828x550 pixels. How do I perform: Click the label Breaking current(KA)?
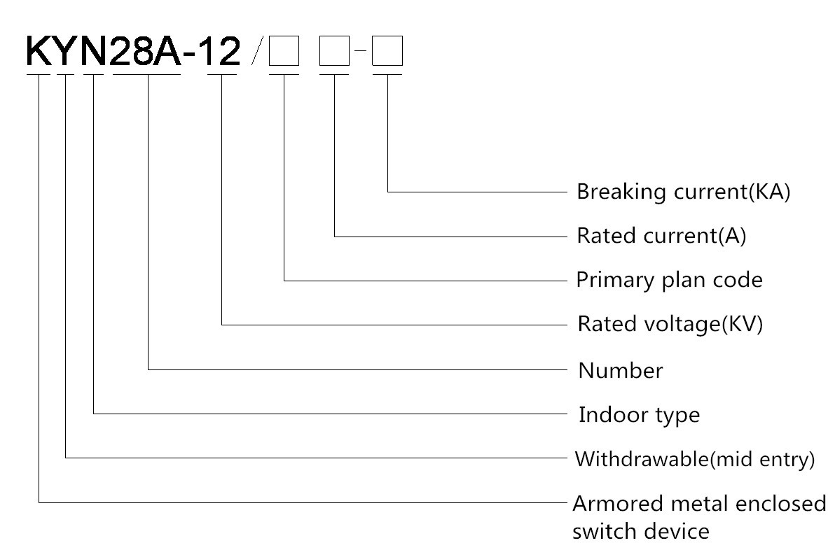[x=683, y=192]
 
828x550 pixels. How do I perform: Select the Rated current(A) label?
[x=661, y=237]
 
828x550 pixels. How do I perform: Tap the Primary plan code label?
[x=669, y=281]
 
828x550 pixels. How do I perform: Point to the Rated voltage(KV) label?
[x=669, y=325]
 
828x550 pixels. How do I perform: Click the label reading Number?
[x=620, y=370]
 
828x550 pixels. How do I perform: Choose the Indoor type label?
[x=639, y=415]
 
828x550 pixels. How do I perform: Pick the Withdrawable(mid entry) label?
[x=695, y=460]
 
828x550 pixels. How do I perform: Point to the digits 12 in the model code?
[x=223, y=50]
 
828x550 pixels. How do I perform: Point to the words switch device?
[x=641, y=531]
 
